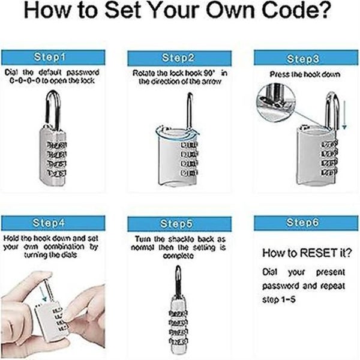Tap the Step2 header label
pos(178,58)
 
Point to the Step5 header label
pos(178,223)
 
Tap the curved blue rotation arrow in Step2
pos(159,128)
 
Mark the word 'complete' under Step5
pos(178,254)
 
